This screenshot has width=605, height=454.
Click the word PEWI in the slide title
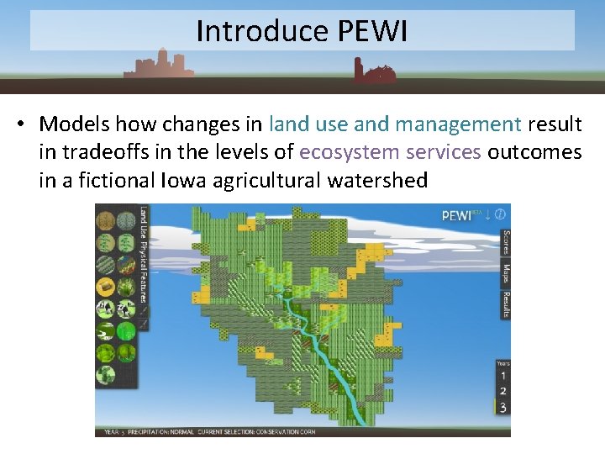coord(372,31)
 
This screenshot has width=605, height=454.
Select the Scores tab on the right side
coord(506,243)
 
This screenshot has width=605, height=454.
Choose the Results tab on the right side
coord(506,304)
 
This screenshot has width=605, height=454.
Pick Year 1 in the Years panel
coord(502,376)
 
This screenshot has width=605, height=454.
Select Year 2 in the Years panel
coord(502,392)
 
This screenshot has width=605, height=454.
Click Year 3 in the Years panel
coord(502,408)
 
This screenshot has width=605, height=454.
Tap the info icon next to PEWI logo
coord(500,214)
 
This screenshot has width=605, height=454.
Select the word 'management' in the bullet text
coord(458,124)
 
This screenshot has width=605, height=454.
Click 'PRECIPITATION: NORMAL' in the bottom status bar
coord(160,432)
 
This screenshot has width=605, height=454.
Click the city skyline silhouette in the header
coord(158,66)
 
